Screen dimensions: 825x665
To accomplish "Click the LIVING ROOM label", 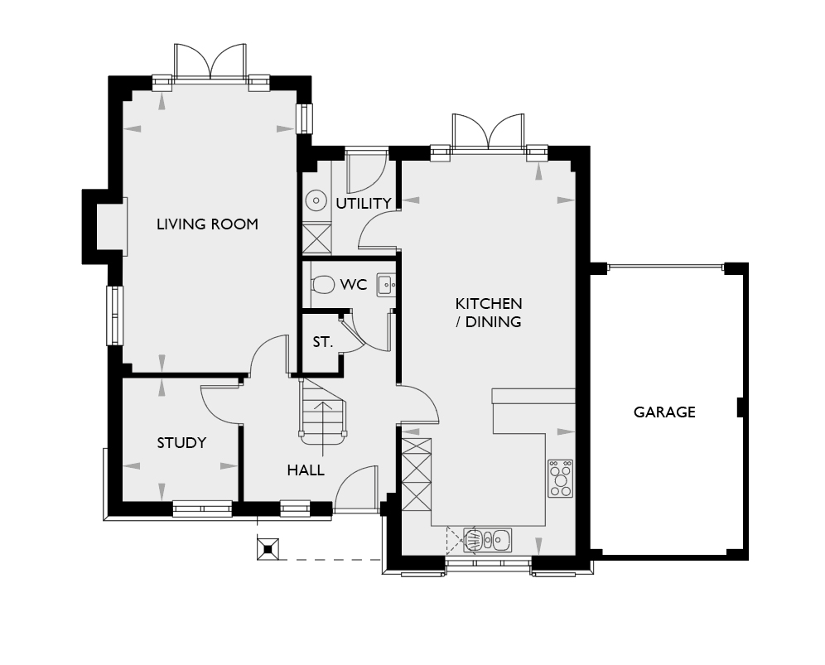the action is click(207, 224).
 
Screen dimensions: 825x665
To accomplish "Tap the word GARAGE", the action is click(664, 412).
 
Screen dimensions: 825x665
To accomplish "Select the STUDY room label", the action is click(181, 443).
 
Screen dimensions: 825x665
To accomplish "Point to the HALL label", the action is click(306, 470).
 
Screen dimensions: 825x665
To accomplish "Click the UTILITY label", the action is click(364, 203).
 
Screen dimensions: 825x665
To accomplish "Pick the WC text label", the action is click(354, 285).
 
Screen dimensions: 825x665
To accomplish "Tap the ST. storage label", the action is click(322, 342).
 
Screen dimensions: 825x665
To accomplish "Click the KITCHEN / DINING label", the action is click(488, 312).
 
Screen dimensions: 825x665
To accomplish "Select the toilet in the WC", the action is click(322, 285).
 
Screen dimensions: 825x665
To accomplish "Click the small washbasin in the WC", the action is click(386, 285).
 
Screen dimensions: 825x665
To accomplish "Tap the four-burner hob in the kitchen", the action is click(560, 478).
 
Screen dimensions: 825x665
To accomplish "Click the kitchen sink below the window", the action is click(487, 540).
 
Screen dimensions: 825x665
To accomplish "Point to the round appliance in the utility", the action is click(316, 200).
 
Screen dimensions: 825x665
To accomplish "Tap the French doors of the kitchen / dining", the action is click(488, 132).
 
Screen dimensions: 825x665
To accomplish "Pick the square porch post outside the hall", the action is click(268, 548).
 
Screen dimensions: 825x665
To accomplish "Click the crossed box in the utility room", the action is click(317, 239).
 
